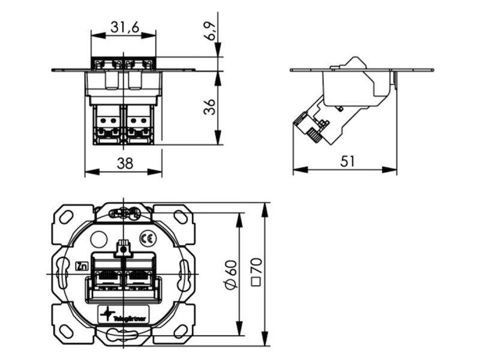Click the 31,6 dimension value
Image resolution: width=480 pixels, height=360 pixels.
(x=124, y=26)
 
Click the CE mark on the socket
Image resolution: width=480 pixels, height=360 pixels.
(x=146, y=237)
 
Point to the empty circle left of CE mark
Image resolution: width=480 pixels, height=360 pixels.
(x=98, y=239)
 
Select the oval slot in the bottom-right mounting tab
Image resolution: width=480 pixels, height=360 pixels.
(x=181, y=329)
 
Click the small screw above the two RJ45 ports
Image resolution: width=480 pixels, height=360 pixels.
(x=124, y=247)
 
